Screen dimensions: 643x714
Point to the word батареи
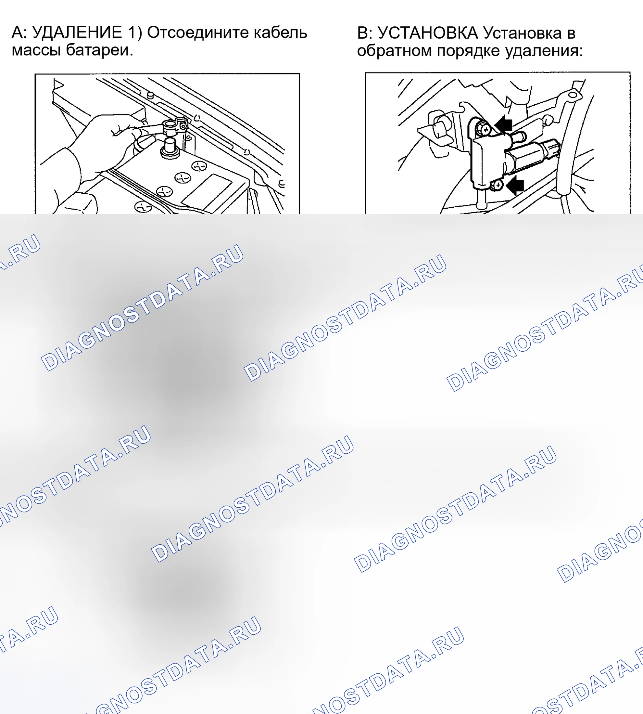click(x=100, y=50)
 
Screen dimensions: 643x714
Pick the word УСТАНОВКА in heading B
click(x=428, y=33)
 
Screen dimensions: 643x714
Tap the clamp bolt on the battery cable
click(x=183, y=125)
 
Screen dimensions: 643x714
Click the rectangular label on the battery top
click(x=207, y=193)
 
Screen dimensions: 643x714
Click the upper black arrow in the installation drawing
click(x=504, y=124)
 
